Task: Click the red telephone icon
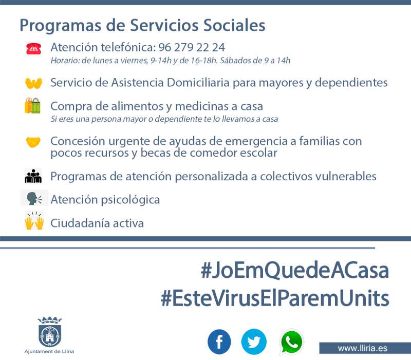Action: coord(33,49)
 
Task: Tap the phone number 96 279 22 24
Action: coord(192,47)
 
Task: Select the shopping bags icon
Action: coord(32,106)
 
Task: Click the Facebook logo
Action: coord(219,342)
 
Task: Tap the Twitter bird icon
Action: coord(254,342)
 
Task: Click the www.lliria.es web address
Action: coord(362,348)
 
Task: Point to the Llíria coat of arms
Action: coord(49,332)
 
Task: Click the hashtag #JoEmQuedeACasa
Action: coord(294,270)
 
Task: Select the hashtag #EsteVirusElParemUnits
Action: coord(275,298)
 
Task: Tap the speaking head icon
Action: coord(34,198)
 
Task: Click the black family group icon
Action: coord(33,176)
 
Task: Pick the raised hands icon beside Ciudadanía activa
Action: coord(34,221)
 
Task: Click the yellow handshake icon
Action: coord(33,142)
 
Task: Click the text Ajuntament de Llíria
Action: coord(49,351)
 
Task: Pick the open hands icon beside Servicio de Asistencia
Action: coord(33,83)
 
